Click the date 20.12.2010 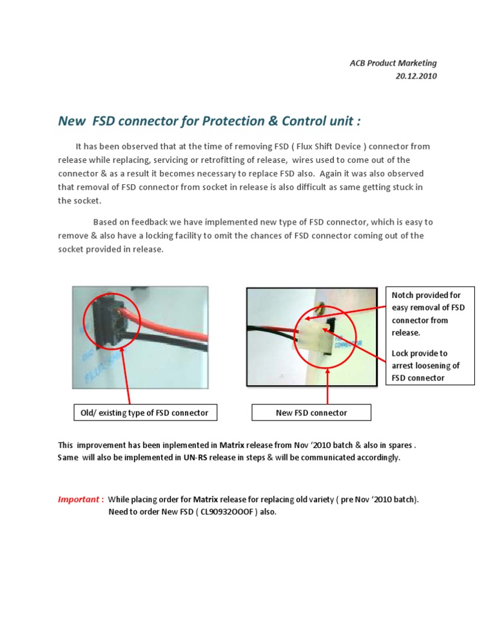click(x=416, y=76)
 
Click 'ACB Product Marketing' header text click(x=393, y=63)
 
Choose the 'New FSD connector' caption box click(x=311, y=413)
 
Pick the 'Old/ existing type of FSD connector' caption click(x=144, y=413)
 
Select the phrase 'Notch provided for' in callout click(x=427, y=296)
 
